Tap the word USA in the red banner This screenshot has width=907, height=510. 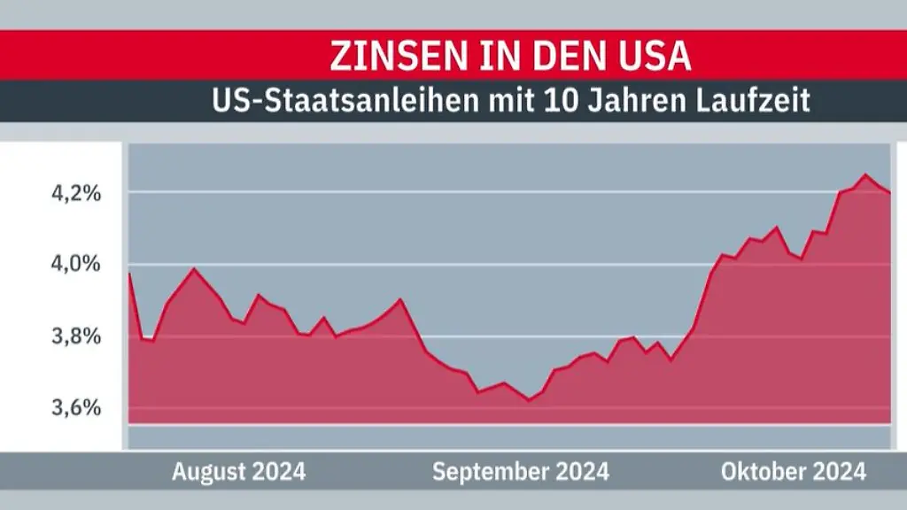[655, 56]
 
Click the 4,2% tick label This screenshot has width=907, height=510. [74, 192]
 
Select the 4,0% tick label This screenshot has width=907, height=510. [74, 264]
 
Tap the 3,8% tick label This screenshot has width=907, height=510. [74, 336]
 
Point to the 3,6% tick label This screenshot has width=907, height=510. [74, 408]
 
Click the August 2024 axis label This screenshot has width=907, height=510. [238, 472]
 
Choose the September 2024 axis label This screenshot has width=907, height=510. [520, 472]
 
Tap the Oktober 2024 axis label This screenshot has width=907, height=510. [793, 472]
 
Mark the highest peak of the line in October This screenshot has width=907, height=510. [864, 175]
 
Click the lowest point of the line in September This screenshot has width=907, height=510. [529, 400]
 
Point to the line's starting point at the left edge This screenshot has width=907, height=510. [130, 274]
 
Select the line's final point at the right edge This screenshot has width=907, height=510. [889, 192]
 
